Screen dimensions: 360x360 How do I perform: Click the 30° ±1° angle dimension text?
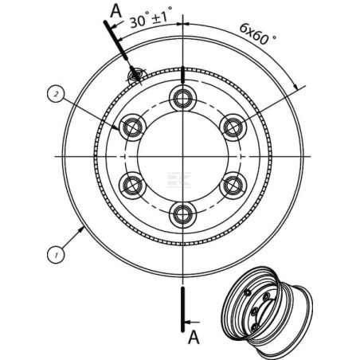[x=151, y=17]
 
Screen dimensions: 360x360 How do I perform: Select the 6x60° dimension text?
[x=258, y=34]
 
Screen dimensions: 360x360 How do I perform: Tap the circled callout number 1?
[x=56, y=255]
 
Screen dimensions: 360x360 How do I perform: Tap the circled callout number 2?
[x=56, y=94]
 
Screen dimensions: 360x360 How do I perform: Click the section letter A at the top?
[x=115, y=11]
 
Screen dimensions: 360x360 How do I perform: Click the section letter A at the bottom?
[x=194, y=338]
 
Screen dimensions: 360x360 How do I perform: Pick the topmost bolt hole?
[x=182, y=99]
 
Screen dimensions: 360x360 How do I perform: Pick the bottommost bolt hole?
[x=182, y=215]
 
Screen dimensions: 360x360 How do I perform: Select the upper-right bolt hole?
[x=233, y=127]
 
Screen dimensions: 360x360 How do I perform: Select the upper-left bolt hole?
[x=132, y=127]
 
